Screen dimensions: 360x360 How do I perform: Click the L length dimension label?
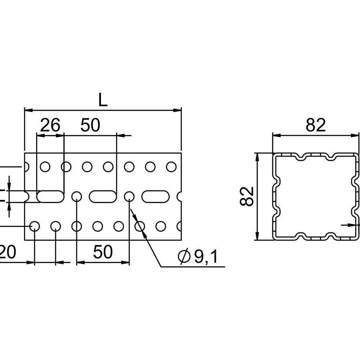click(x=103, y=100)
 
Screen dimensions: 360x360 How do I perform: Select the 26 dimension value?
click(x=50, y=126)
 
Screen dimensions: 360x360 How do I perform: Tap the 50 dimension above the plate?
click(x=90, y=126)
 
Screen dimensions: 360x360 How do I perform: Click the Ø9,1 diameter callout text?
click(x=200, y=257)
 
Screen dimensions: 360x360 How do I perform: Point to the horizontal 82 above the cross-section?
click(x=316, y=126)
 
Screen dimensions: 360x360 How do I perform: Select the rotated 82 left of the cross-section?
click(x=248, y=196)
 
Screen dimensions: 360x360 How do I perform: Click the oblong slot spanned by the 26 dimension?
click(x=50, y=196)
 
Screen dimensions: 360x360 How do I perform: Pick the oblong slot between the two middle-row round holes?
click(x=103, y=196)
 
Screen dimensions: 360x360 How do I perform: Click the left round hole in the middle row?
click(x=76, y=196)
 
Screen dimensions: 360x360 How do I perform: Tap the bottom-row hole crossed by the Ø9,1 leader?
click(x=139, y=226)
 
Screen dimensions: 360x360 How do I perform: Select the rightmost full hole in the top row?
click(x=171, y=166)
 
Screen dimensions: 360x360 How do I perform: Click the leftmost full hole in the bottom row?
click(x=34, y=226)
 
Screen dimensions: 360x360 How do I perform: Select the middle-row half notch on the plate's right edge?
click(x=180, y=196)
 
